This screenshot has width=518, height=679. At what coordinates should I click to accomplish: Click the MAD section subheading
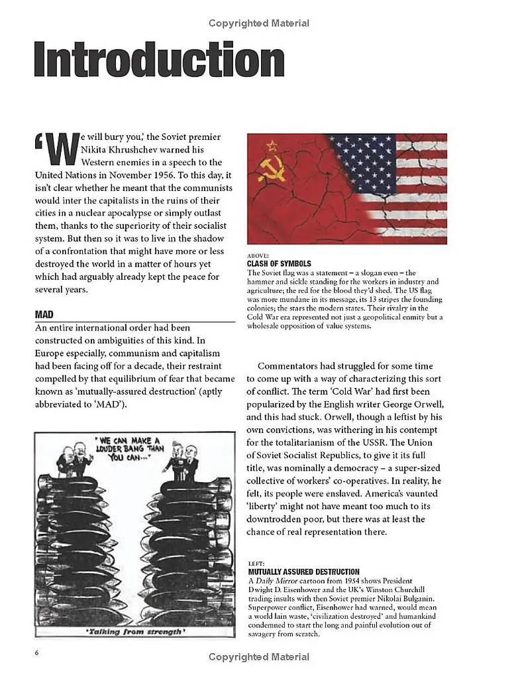click(44, 314)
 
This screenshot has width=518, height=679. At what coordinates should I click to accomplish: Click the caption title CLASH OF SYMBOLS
click(278, 263)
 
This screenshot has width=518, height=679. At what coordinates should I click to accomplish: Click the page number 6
click(37, 652)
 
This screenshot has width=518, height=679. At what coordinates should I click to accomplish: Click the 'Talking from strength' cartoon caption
click(134, 631)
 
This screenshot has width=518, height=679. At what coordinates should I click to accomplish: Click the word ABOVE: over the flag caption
click(258, 255)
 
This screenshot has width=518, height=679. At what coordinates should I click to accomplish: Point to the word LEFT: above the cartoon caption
click(256, 563)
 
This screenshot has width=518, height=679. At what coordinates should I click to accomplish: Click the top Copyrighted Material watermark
click(258, 23)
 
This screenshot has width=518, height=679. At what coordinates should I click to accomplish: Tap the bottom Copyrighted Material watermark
click(258, 657)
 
